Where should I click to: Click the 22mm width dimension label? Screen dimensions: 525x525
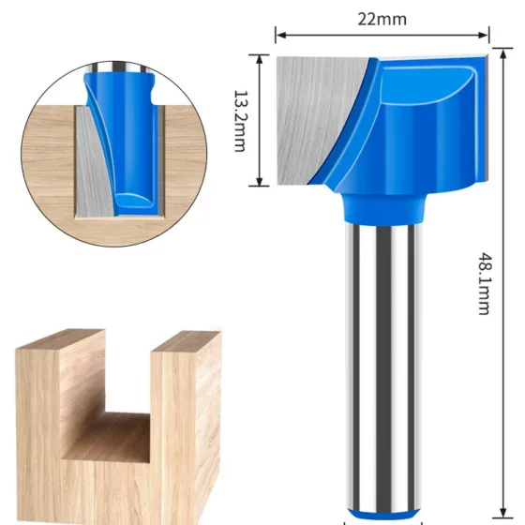(x=382, y=19)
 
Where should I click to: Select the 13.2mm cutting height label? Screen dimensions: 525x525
(x=240, y=121)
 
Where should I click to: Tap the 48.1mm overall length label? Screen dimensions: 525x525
(x=484, y=284)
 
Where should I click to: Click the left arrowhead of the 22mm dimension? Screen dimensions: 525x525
(x=281, y=35)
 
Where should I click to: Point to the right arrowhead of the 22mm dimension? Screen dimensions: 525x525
(x=483, y=35)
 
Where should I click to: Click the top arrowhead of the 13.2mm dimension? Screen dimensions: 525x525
(x=260, y=60)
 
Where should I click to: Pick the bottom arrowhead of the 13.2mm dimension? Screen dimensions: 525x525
(x=260, y=181)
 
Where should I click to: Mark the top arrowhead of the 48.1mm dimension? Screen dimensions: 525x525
(x=502, y=53)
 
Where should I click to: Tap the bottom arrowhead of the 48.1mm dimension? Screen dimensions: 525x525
(x=502, y=513)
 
